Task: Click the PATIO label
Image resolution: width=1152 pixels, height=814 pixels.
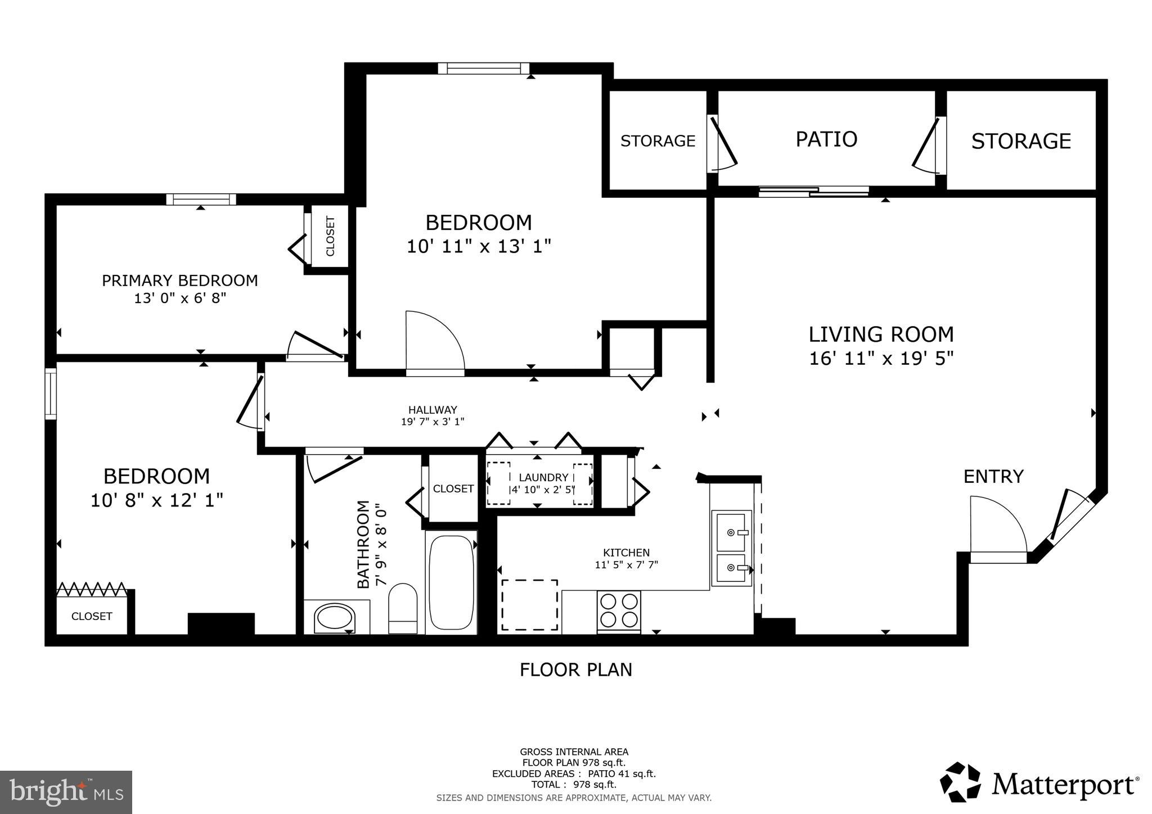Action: [x=826, y=139]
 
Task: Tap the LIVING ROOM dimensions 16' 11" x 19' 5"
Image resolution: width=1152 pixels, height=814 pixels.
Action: [x=881, y=358]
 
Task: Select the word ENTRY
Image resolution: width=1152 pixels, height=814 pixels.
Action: [x=993, y=476]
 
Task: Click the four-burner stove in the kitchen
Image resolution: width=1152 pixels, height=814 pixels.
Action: [x=619, y=611]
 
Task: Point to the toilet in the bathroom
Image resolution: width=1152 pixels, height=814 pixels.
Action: [x=403, y=609]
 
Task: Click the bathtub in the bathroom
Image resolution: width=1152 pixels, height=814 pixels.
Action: [x=451, y=582]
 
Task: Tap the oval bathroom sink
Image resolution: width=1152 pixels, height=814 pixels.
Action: [x=336, y=618]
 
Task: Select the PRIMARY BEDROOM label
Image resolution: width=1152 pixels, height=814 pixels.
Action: [x=179, y=280]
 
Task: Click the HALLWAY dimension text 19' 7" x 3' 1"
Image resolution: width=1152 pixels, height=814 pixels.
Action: [x=432, y=422]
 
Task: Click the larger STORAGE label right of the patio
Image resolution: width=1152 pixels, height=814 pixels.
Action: [x=1020, y=141]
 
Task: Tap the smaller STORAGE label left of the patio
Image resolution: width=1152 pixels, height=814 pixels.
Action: [x=658, y=141]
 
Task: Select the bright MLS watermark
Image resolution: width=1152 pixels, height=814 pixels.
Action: [x=66, y=792]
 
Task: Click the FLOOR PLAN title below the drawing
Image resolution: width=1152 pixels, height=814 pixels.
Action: [x=575, y=670]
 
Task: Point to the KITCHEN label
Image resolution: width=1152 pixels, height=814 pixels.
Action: [x=626, y=553]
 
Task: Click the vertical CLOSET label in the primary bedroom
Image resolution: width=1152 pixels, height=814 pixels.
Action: [x=330, y=236]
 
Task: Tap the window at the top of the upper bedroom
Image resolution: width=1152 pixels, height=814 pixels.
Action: [x=484, y=69]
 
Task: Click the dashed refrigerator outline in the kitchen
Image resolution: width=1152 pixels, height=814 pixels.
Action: [x=529, y=605]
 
